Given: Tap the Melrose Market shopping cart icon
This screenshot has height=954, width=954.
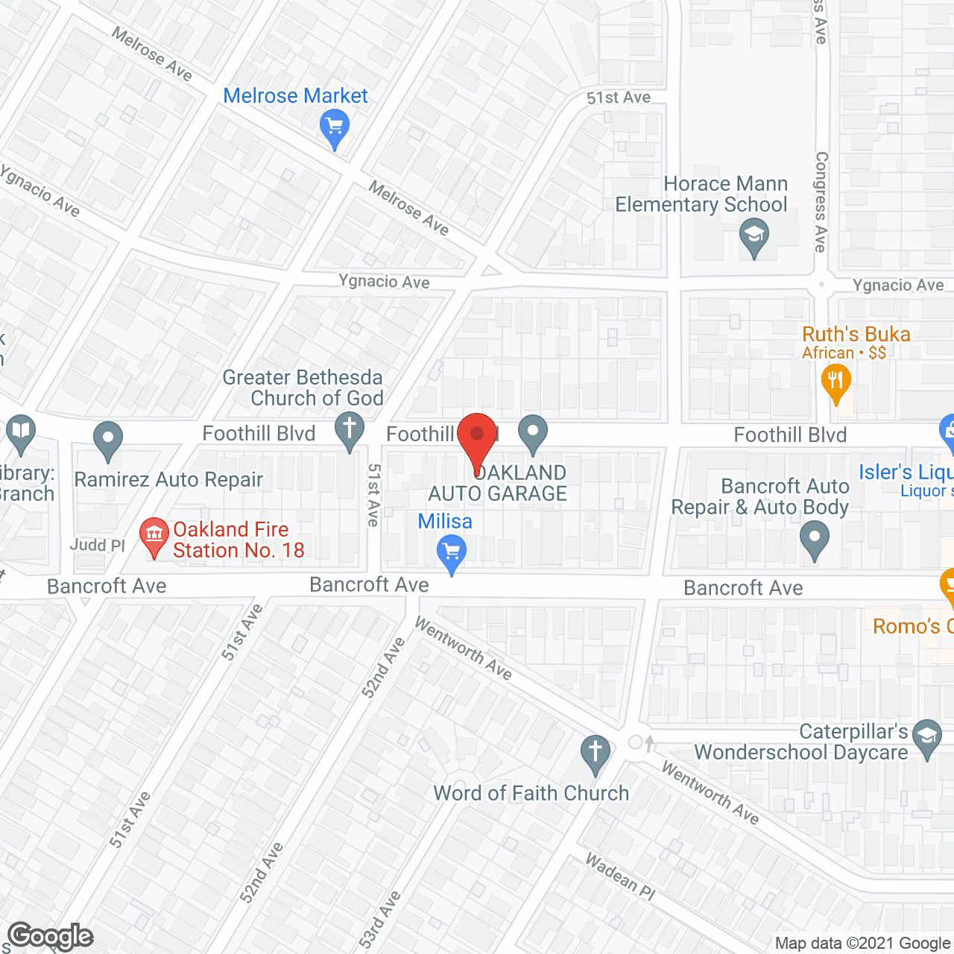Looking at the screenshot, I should pyautogui.click(x=334, y=127).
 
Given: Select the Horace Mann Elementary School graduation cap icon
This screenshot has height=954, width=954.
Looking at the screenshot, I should pyautogui.click(x=754, y=236).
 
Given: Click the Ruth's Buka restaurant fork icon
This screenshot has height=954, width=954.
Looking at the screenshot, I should pyautogui.click(x=835, y=382).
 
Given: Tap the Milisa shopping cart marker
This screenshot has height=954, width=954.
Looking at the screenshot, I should pyautogui.click(x=452, y=554).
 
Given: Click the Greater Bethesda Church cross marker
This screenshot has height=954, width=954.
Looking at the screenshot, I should pyautogui.click(x=349, y=431).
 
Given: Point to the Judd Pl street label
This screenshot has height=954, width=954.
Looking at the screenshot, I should pyautogui.click(x=97, y=546).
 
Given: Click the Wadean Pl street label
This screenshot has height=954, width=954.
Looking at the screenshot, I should pyautogui.click(x=620, y=876).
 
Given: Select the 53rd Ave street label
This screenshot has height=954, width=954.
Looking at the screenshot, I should pyautogui.click(x=380, y=920).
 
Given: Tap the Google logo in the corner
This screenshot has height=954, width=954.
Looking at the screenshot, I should pyautogui.click(x=51, y=936).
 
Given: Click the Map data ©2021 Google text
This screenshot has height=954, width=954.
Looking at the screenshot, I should pyautogui.click(x=863, y=944).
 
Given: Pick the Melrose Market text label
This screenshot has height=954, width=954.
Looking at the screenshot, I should pyautogui.click(x=295, y=96).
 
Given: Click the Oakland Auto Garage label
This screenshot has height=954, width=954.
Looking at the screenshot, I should pyautogui.click(x=498, y=484).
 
